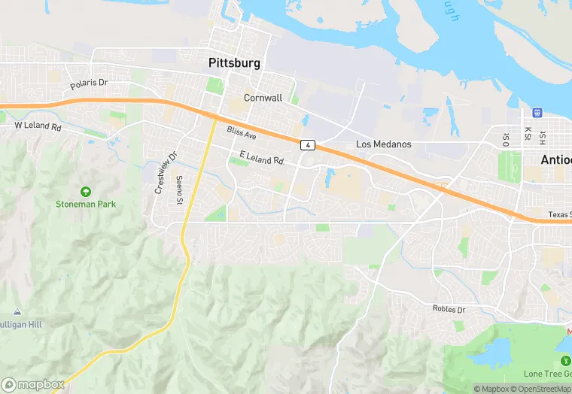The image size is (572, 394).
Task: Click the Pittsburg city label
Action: tap(234, 64)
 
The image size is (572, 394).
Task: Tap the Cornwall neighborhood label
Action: tap(262, 98)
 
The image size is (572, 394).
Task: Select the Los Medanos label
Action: tap(384, 144)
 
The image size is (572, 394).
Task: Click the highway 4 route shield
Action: tap(307, 144)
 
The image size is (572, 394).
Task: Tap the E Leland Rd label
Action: tap(261, 158)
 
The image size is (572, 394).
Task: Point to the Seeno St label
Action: tap(179, 190)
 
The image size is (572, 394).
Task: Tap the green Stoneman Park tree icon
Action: tap(84, 192)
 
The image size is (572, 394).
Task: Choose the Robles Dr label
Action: tap(449, 309)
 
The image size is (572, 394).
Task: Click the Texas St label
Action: tap(559, 215)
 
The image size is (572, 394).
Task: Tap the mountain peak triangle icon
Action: tap(17, 311)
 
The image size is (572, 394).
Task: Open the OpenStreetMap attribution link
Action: tap(540, 389)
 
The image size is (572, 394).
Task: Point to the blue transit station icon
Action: tap(537, 113)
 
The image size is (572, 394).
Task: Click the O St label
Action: tap(506, 139)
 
